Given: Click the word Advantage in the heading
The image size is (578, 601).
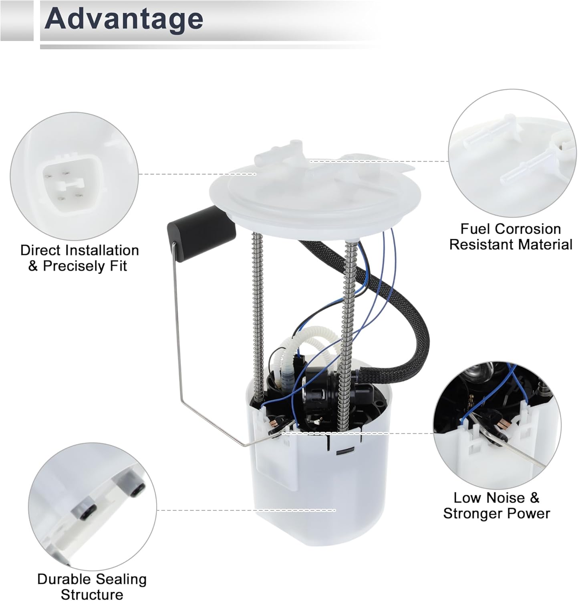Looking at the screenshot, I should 124,19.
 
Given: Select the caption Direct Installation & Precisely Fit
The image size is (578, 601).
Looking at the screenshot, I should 79,258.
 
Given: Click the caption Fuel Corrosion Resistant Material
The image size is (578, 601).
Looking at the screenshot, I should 510,236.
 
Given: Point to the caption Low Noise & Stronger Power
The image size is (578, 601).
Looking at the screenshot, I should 496,505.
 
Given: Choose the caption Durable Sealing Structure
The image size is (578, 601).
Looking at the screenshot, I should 92,586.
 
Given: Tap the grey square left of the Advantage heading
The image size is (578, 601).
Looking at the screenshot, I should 17,20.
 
